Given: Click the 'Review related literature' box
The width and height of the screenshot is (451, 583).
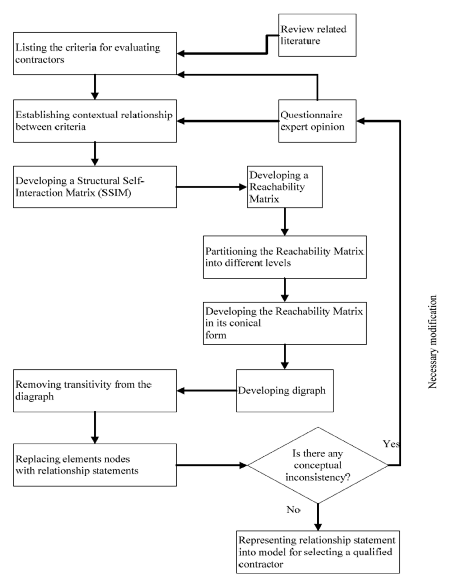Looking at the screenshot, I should (x=317, y=35).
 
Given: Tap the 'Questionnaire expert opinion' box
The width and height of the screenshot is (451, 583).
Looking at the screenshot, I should (x=317, y=121).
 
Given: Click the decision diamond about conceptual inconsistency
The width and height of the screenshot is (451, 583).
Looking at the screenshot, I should (x=317, y=465).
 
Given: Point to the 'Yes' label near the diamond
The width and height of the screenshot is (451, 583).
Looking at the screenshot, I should (x=391, y=444).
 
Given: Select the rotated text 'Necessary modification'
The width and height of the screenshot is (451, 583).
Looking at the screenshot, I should (x=432, y=342).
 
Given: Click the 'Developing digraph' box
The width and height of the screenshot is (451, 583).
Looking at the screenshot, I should (x=285, y=391).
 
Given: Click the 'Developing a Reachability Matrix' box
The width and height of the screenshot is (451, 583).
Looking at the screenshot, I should (x=285, y=187).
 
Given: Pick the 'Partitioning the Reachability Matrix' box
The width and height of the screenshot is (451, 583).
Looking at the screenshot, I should (x=285, y=257).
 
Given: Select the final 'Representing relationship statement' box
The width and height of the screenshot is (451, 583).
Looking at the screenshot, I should (x=317, y=552).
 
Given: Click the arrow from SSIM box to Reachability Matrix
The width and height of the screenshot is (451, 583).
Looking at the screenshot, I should (x=211, y=187).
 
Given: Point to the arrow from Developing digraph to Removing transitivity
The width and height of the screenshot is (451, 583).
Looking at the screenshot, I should (x=207, y=391).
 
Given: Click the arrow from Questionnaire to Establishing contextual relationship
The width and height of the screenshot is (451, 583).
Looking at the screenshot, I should (x=227, y=121).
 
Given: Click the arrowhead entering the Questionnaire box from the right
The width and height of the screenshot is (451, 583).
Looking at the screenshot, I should (x=361, y=121).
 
